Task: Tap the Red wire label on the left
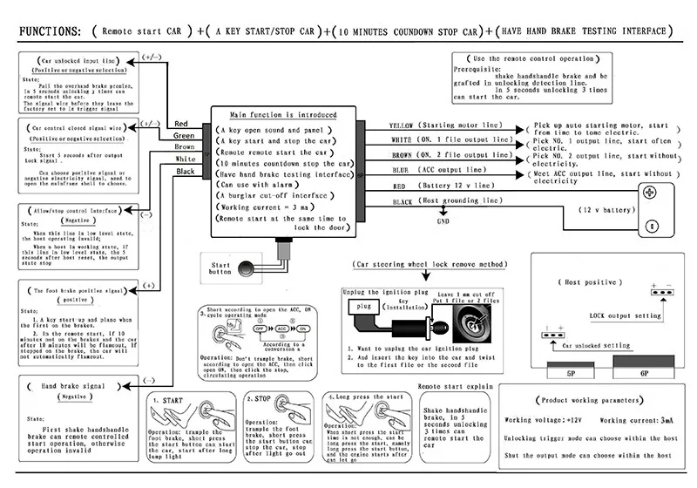point(181,124)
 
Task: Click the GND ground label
point(443,221)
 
